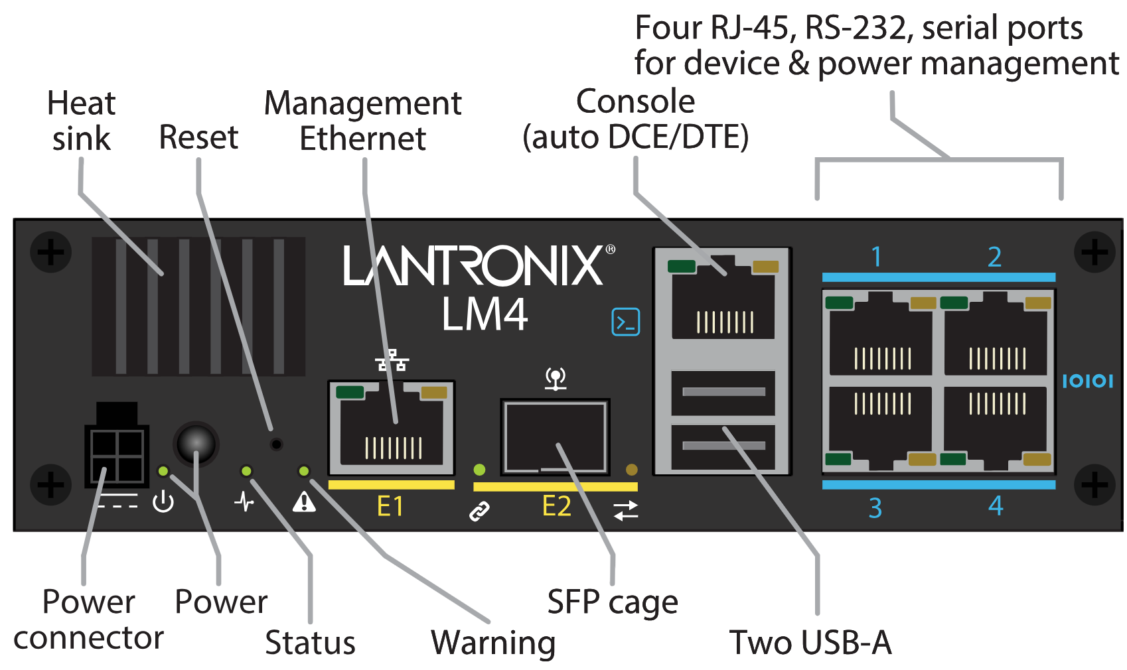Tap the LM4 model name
pos(485,314)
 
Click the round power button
pos(196,443)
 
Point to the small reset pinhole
pos(277,444)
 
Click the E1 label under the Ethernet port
pos(390,507)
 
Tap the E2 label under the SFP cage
pos(556,507)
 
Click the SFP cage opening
pos(555,437)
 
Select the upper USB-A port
pos(723,392)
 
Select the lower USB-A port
pos(723,446)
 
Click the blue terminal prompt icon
pos(625,322)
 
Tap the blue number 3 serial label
pos(875,508)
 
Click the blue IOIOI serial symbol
pos(1087,381)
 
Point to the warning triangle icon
pos(304,502)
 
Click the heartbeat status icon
pos(244,502)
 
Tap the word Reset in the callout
pos(198,137)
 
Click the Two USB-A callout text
pos(810,642)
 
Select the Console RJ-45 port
pos(723,299)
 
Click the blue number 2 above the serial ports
pos(994,257)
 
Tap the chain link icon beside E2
pos(479,511)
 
